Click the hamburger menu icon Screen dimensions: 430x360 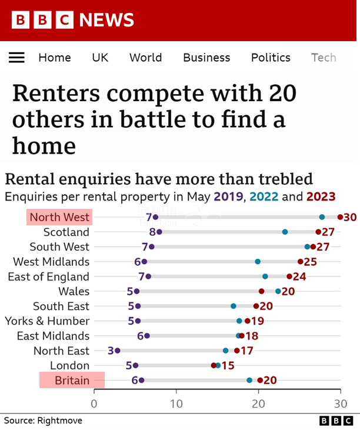(16, 58)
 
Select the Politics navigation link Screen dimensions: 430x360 (271, 58)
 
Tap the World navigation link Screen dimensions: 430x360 (145, 58)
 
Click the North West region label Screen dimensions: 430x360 (59, 217)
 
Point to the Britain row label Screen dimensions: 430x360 (72, 381)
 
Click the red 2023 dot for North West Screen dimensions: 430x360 (340, 217)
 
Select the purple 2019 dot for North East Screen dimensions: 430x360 (118, 351)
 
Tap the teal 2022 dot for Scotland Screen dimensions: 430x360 (285, 232)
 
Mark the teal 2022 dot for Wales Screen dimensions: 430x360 (278, 291)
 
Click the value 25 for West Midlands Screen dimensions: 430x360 (310, 262)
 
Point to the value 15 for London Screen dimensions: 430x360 (228, 365)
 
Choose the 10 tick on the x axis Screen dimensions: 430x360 (176, 404)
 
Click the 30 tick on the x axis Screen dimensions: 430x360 (340, 404)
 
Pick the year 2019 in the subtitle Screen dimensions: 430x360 (226, 197)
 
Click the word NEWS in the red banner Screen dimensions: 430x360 (106, 21)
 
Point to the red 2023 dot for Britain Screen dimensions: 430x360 (260, 381)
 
